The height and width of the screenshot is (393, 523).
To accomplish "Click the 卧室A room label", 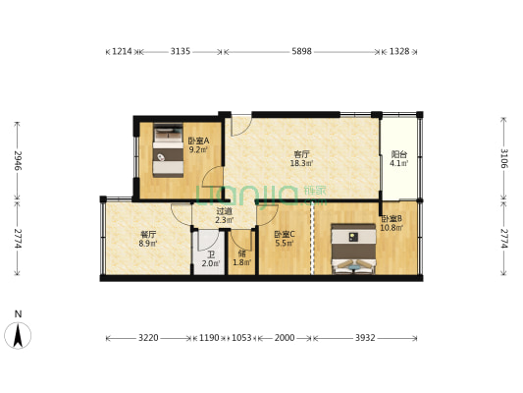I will coord(196,140).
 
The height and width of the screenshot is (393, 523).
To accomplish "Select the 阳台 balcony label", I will coord(398,154).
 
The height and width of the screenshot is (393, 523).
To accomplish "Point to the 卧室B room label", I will coord(392,219).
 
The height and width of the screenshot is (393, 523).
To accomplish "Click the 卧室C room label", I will coord(285,234).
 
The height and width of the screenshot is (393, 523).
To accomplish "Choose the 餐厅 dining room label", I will coord(148,234).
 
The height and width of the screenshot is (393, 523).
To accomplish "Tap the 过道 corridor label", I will coord(225,210).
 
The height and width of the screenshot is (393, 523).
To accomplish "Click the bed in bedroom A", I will coord(167,150).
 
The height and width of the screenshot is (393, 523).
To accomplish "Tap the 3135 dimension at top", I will coord(180,51).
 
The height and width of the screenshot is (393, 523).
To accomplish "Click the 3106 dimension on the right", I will coord(503,159).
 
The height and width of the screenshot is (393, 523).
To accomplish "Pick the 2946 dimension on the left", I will coord(17,159).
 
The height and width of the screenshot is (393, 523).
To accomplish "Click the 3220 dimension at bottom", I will coord(147,338).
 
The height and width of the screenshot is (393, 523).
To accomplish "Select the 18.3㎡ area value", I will coord(301,164).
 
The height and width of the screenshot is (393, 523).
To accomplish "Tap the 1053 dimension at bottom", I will coord(241,338).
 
